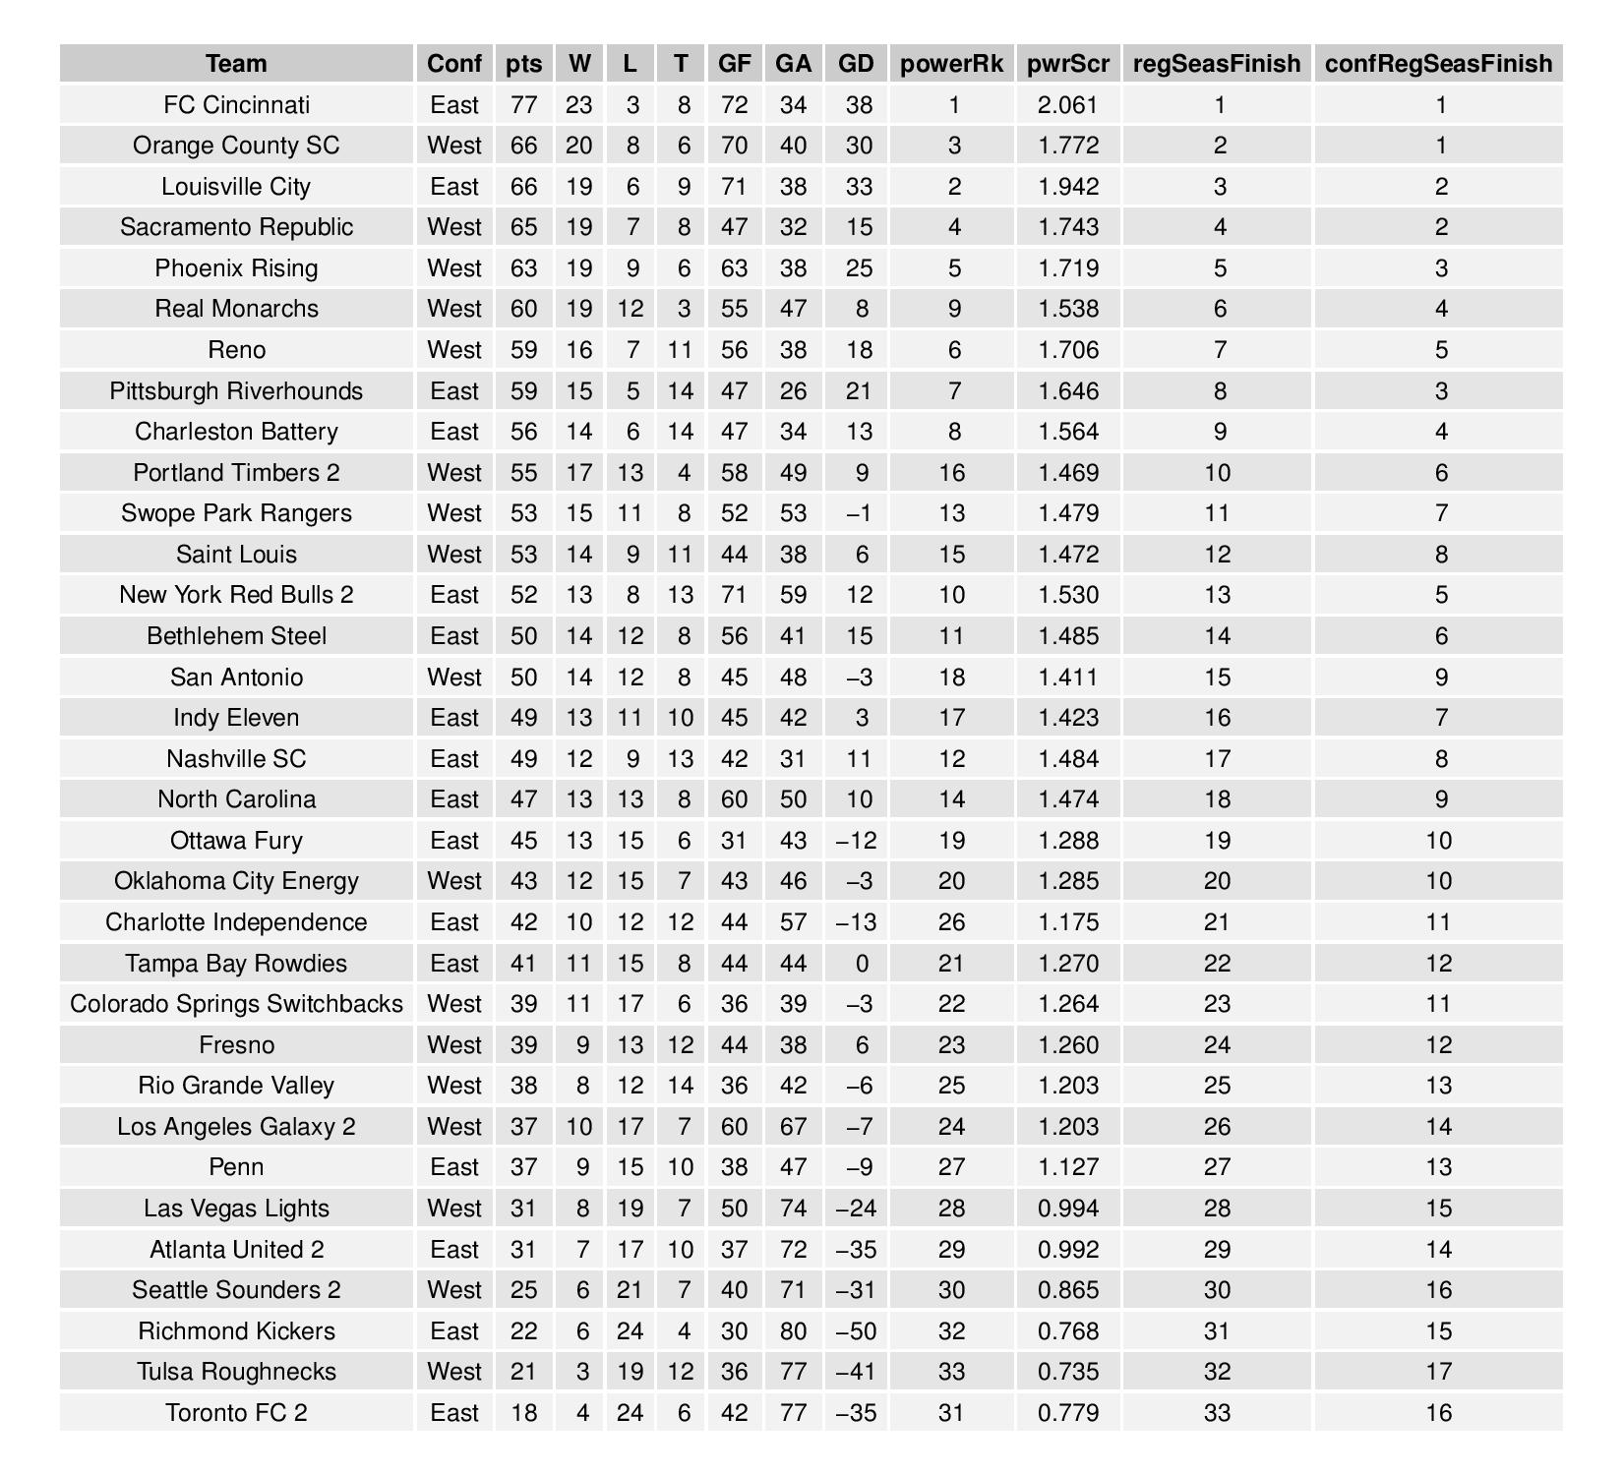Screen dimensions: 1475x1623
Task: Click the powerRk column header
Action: [x=951, y=64]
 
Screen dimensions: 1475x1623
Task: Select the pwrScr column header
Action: [x=1067, y=64]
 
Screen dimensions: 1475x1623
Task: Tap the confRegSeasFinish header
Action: [x=1438, y=64]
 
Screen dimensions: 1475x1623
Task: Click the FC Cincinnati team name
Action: [x=236, y=105]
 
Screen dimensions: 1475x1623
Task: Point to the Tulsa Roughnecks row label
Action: [x=236, y=1372]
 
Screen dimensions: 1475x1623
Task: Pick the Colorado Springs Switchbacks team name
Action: [x=236, y=1004]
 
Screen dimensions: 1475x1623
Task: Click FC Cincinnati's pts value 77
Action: [x=523, y=105]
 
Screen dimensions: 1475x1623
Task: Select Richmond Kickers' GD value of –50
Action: [x=856, y=1331]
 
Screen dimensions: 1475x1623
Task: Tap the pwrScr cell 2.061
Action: [x=1067, y=105]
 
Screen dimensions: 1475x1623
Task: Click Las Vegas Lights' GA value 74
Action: [x=793, y=1209]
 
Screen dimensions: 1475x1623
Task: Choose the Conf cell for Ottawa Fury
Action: [x=454, y=841]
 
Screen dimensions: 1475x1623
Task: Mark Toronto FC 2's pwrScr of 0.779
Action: [x=1067, y=1413]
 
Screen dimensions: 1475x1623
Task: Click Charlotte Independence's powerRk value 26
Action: [x=951, y=922]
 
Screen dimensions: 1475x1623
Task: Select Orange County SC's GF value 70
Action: [x=734, y=146]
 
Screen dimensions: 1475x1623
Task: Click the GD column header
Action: [x=856, y=64]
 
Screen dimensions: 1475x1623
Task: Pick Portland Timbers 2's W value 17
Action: [x=579, y=473]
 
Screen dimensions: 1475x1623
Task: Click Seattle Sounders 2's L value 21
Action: [x=630, y=1290]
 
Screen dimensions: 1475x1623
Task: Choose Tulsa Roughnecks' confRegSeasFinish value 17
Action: [x=1438, y=1372]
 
